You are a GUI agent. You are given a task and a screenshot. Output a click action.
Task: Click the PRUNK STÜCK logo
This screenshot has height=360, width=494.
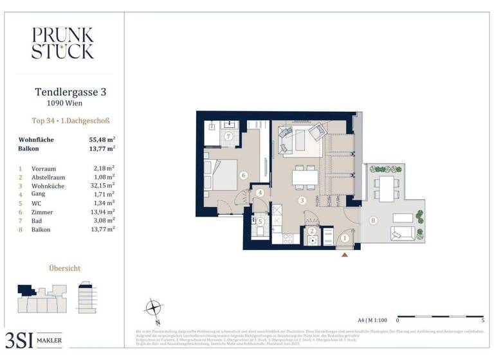[x=62, y=43]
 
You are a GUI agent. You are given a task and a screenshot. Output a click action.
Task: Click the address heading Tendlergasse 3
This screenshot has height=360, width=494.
[x=69, y=92]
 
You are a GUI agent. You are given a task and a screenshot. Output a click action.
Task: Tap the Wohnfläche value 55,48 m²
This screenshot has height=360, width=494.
[x=102, y=139]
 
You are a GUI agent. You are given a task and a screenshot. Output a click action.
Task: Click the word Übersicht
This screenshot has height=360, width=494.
[x=65, y=267]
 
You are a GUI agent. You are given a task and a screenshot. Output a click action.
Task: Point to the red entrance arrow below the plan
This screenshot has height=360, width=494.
[x=345, y=255]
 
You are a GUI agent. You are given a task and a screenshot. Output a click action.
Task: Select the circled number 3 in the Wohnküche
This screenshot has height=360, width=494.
[x=301, y=201]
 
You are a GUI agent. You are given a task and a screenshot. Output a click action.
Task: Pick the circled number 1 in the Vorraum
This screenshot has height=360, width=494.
[x=344, y=239]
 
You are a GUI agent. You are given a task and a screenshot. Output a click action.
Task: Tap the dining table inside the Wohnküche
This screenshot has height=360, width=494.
[x=304, y=176]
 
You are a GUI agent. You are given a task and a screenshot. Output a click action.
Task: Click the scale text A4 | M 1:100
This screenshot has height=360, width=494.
[x=372, y=319]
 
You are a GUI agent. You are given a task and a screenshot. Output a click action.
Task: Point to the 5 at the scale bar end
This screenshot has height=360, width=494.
[x=483, y=319]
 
